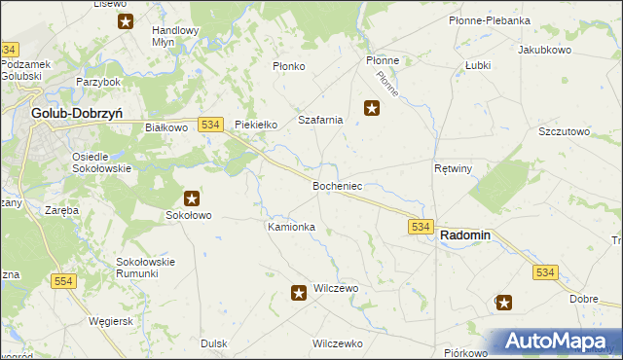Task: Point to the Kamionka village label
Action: pos(291,227)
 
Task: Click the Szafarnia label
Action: pos(320,120)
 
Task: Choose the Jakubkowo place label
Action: pos(544,49)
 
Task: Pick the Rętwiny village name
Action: pos(453,168)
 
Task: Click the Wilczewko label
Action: pos(337,343)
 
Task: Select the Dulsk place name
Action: pos(213,343)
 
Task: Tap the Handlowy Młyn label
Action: pos(175,36)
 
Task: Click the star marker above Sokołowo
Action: pos(191,198)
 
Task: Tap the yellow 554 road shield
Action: pos(63,281)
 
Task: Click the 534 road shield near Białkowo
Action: pos(211,124)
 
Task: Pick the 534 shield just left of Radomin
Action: pos(420,226)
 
